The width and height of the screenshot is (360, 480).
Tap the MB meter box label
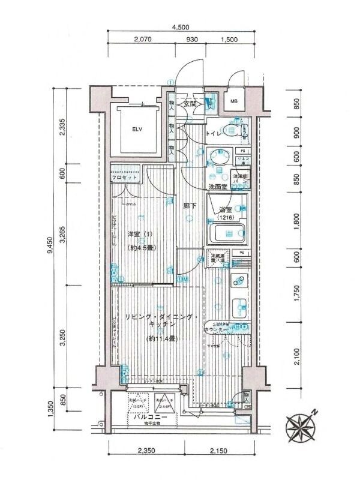click(233, 101)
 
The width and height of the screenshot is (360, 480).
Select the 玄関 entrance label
click(191, 103)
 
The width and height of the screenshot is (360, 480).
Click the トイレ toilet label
click(214, 134)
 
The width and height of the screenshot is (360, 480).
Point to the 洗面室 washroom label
click(217, 188)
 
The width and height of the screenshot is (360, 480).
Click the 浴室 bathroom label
click(226, 210)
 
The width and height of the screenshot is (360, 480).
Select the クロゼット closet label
click(125, 178)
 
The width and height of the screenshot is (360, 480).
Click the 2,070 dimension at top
click(142, 40)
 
